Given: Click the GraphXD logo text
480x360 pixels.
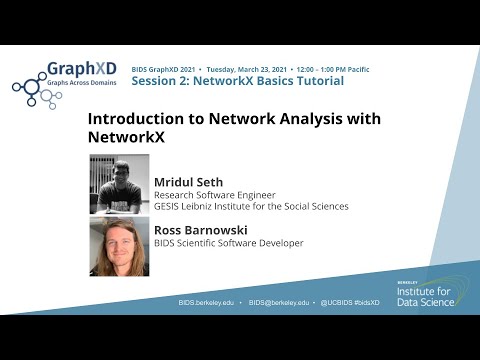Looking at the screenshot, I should [82, 69].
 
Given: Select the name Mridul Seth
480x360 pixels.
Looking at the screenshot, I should [188, 182].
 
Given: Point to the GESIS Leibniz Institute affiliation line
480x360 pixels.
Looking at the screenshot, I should [251, 207].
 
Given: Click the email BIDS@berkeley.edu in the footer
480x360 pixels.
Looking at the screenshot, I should [281, 300].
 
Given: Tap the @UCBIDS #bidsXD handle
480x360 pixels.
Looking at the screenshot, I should [352, 300].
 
